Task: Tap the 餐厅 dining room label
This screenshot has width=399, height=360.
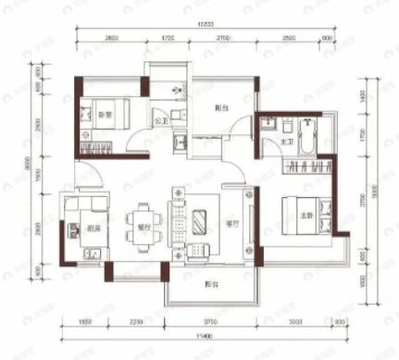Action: (x=143, y=225)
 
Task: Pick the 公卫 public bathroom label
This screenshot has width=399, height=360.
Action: (x=159, y=120)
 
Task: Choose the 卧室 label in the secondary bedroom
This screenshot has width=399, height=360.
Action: (x=106, y=115)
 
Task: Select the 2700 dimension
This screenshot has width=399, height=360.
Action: (x=224, y=39)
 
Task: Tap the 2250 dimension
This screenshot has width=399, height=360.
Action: (x=135, y=320)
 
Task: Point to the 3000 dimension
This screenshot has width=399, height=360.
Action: (x=294, y=320)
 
